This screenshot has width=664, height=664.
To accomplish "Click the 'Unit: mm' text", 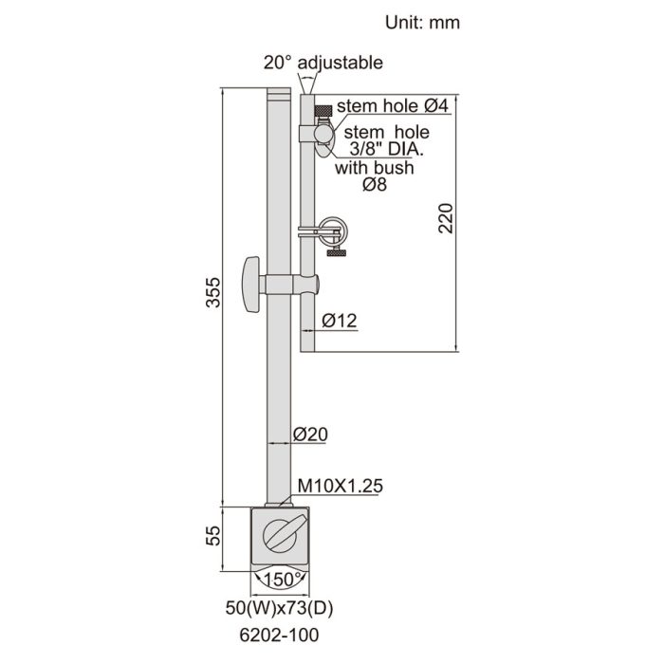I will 422,21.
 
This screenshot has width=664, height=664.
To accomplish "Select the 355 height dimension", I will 214,296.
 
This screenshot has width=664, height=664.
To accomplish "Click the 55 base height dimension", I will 214,537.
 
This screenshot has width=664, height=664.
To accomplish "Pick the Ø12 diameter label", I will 339,321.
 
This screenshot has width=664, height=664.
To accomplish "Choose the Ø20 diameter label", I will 310,434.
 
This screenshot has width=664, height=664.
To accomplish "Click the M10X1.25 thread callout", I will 340,486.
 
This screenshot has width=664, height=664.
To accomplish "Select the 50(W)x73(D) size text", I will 285,604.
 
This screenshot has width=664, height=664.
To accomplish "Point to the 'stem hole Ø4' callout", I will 392,106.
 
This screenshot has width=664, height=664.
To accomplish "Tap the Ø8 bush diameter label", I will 375,187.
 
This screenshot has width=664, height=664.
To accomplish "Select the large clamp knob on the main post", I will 251,285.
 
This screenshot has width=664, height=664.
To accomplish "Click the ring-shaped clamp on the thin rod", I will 332,229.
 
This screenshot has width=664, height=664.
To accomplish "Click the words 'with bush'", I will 375,169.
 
